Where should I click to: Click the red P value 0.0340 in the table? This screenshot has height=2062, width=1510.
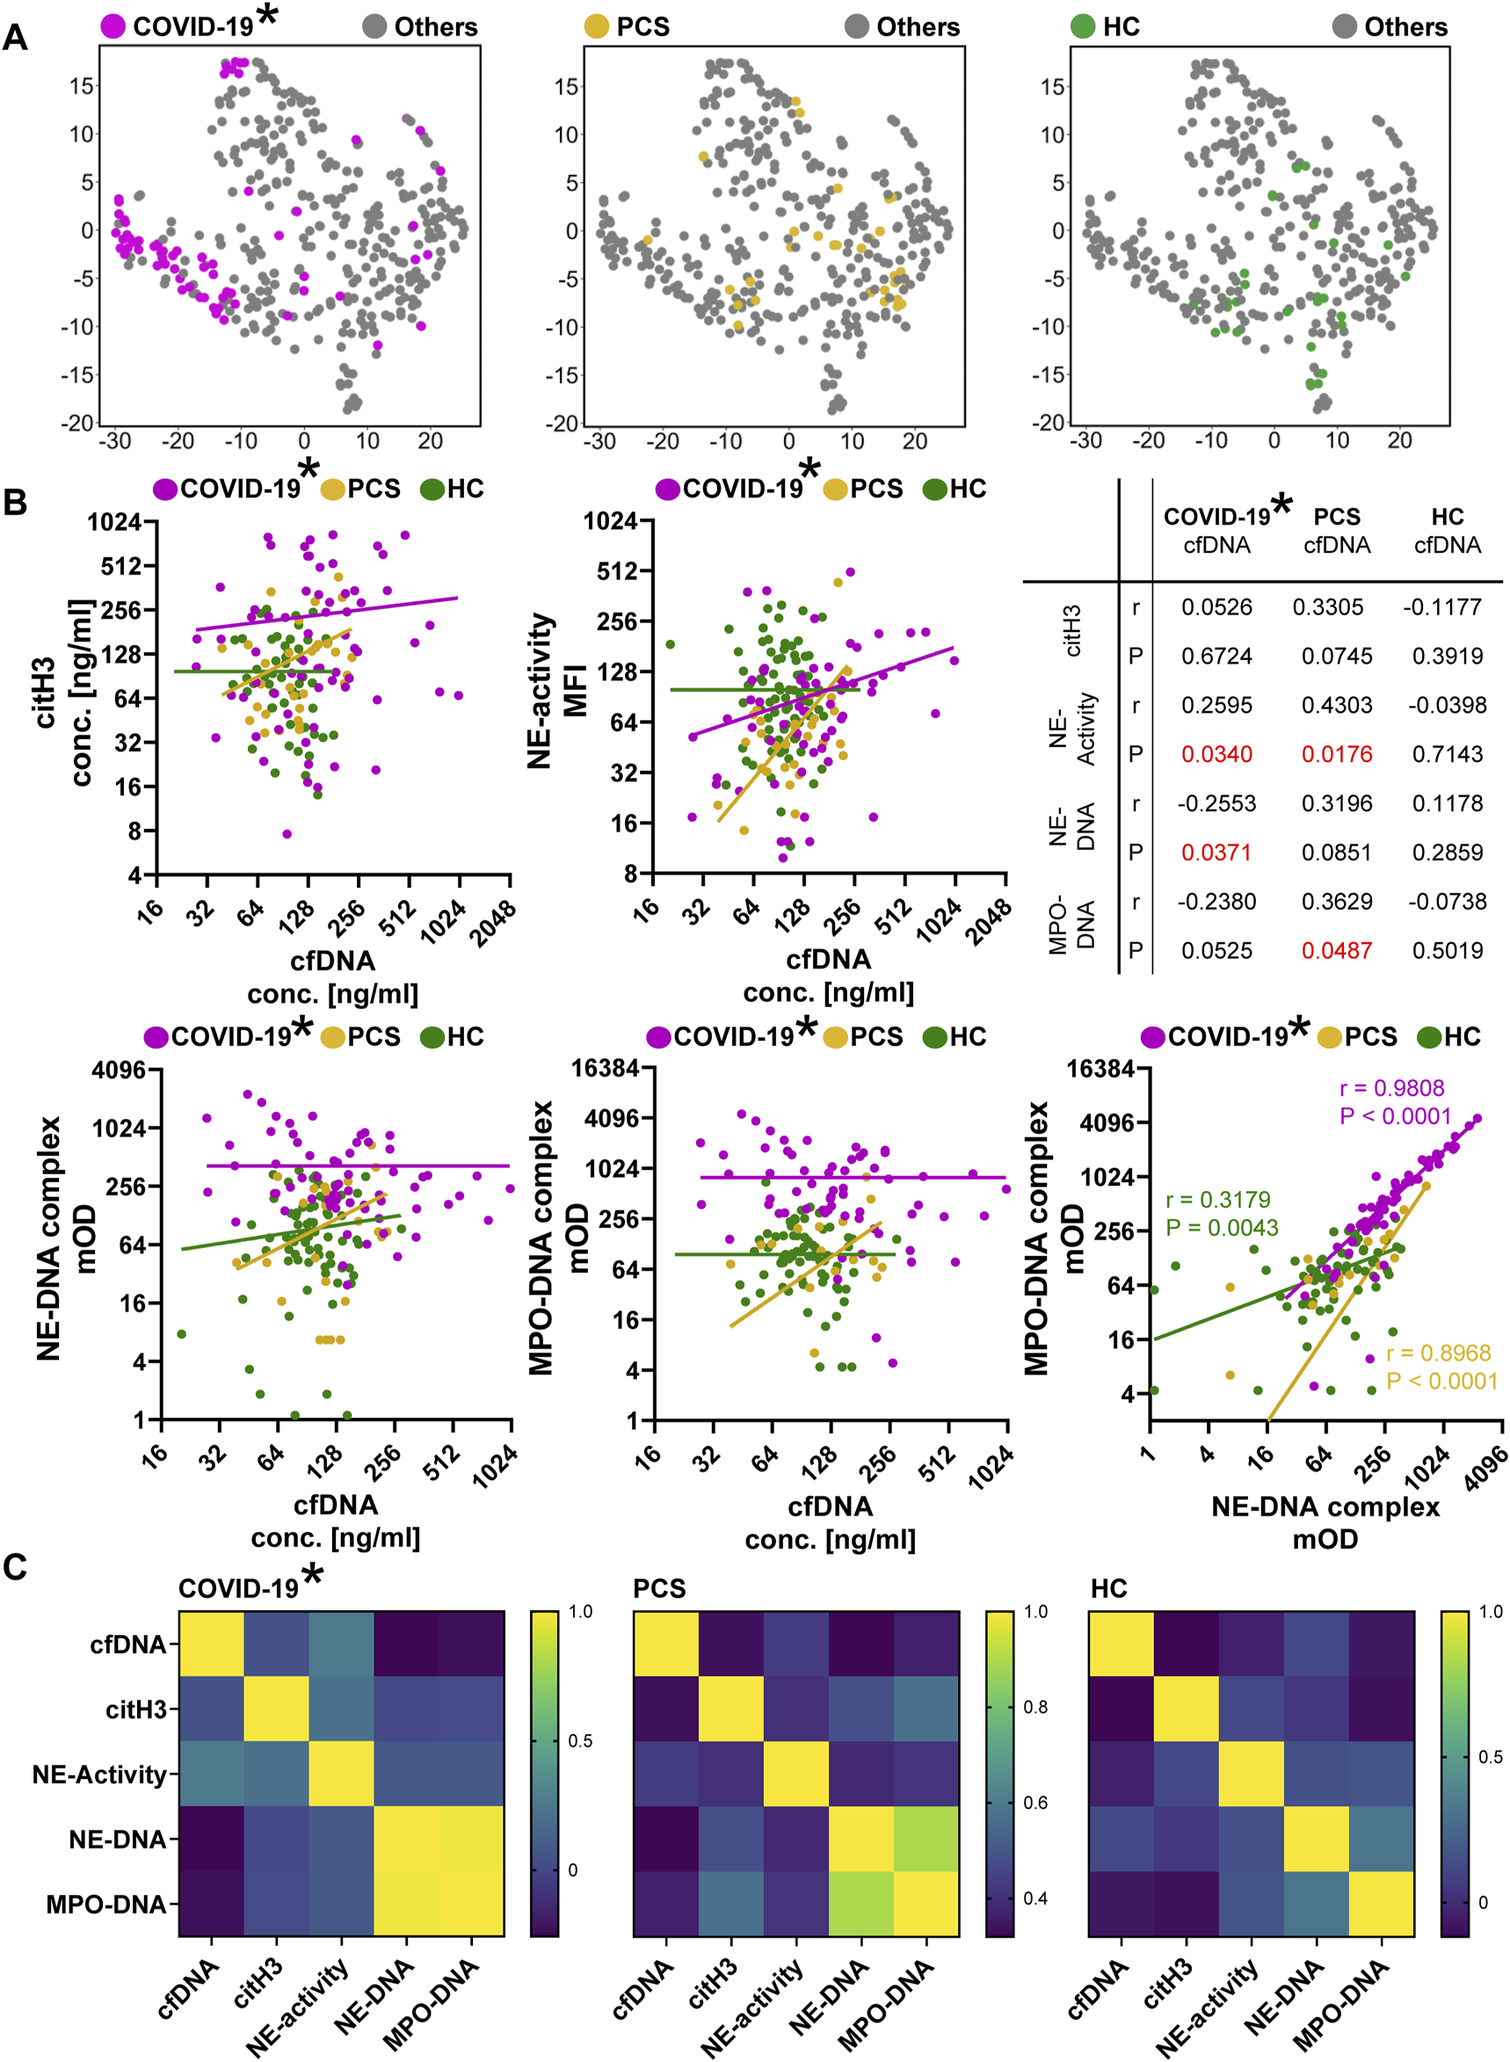(x=1216, y=754)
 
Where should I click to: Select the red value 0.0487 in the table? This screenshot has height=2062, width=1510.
(x=1336, y=950)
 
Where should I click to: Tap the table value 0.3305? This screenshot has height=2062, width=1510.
(x=1327, y=606)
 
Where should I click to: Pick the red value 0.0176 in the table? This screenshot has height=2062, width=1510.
(x=1336, y=754)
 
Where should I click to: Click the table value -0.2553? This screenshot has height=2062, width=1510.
(x=1216, y=803)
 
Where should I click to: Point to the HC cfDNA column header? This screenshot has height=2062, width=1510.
(x=1447, y=531)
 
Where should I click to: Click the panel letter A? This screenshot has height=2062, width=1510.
(x=16, y=38)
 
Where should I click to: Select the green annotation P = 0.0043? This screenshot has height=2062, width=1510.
(x=1222, y=1228)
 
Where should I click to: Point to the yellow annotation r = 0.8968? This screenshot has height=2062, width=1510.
(x=1438, y=1353)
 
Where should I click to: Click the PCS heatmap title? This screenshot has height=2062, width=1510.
(x=659, y=1588)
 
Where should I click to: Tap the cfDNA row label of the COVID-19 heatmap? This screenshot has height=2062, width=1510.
(x=129, y=1645)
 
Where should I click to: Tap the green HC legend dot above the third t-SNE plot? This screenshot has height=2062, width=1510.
(x=1082, y=26)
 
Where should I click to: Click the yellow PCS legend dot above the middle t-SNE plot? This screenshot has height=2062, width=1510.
(x=597, y=26)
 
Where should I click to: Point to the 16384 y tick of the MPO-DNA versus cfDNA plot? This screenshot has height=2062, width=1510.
(x=612, y=1068)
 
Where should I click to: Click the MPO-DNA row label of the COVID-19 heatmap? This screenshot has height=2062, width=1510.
(x=107, y=1905)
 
